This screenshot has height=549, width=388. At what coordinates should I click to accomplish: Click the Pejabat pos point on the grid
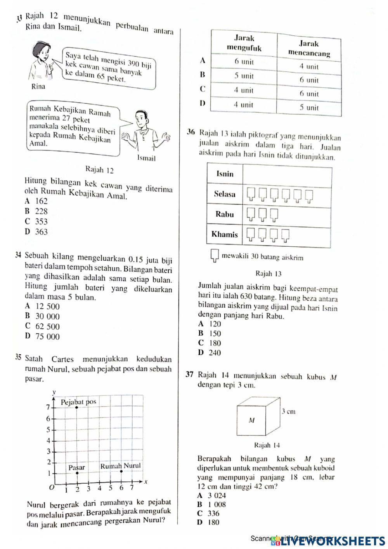(76, 408)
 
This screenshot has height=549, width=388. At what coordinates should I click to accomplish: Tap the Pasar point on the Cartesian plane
(77, 473)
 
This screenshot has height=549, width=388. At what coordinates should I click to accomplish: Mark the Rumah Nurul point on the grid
(121, 471)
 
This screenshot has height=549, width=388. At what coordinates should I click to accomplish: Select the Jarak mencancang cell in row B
(308, 80)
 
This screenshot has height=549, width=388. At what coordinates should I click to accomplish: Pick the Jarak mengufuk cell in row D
(243, 105)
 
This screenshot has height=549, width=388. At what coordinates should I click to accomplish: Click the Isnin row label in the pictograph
(225, 174)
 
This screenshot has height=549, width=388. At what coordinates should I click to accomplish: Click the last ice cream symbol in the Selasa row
(309, 194)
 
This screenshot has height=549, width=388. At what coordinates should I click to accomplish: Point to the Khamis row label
(224, 234)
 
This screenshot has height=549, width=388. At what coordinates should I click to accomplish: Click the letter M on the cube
(251, 420)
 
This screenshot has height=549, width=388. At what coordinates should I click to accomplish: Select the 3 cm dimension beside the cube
(288, 411)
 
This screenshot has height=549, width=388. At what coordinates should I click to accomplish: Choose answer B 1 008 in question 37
(211, 504)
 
